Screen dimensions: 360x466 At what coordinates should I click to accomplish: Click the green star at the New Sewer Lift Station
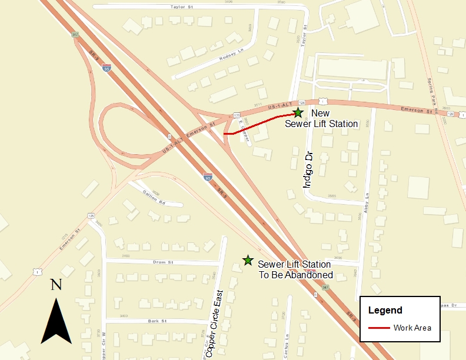point(298,112)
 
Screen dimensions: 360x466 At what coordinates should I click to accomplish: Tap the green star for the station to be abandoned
point(248,260)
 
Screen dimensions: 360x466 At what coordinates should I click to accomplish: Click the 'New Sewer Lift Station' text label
point(321,118)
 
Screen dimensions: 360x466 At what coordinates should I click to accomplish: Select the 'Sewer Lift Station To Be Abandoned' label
point(295,270)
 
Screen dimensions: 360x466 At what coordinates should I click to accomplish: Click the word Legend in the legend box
point(385,310)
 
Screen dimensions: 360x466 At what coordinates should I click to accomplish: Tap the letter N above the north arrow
point(56,285)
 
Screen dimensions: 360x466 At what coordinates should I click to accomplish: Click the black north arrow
point(56,321)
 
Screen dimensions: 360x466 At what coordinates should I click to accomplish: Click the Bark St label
point(158,321)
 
